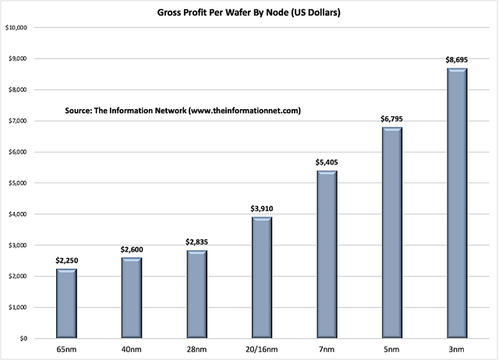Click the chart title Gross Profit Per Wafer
pos(249,12)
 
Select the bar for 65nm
pos(66,303)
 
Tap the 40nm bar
pos(132,298)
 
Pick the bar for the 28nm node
pos(197,295)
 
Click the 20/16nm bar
pos(262,277)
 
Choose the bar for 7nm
pos(327,254)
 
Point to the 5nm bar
pos(391,232)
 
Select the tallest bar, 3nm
pos(457,203)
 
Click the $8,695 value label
pos(457,60)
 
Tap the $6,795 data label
pos(391,119)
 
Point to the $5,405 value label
pos(327,163)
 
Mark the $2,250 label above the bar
pos(67,261)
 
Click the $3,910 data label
pos(262,209)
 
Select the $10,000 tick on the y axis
pos(16,28)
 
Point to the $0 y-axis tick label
pos(23,339)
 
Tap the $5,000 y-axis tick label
pos(18,183)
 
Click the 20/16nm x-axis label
pos(262,350)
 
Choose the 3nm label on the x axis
pos(457,350)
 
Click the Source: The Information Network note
pos(183,111)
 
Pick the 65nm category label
pos(66,350)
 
